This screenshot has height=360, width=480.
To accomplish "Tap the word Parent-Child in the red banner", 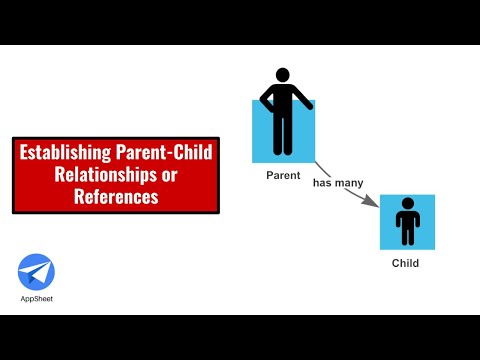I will pos(167,154).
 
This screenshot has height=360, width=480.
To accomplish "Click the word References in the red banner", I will pos(116,197).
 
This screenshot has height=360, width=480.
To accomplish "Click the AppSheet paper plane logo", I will pos(36,272).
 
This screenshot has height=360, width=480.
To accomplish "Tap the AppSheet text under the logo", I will pos(36,300).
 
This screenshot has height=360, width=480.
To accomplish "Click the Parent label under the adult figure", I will pos(283,176).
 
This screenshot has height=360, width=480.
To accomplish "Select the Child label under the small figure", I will pos(405,264).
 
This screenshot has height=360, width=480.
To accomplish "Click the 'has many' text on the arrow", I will pos(337,183).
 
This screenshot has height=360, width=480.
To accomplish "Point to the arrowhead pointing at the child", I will pos(374,204).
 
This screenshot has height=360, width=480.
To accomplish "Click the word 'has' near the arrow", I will pos(322,183).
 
